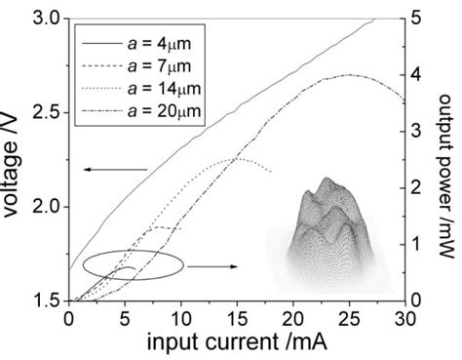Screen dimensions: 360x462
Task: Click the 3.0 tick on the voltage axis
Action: click(x=46, y=19)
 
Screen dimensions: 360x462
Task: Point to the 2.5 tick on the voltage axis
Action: click(x=46, y=113)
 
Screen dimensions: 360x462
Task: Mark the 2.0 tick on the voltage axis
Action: click(x=46, y=208)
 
